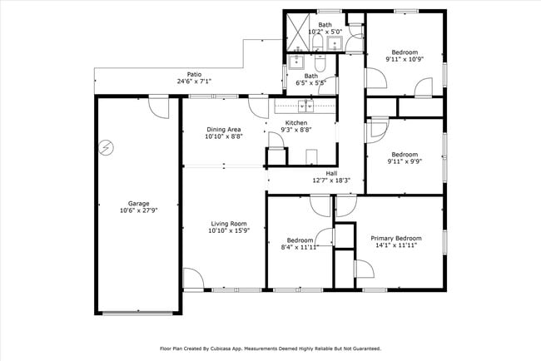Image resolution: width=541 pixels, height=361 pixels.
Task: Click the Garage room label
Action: click(138, 202)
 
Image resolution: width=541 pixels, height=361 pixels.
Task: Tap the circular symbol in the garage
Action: click(105, 149)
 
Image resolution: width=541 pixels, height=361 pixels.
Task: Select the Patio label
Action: click(194, 74)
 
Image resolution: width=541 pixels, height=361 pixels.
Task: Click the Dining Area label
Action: click(223, 129)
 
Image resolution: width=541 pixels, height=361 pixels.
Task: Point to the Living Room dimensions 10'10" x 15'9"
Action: click(229, 231)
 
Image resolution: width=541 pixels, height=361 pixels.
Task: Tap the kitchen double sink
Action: click(305, 106)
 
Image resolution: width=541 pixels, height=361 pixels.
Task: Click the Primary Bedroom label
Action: click(394, 237)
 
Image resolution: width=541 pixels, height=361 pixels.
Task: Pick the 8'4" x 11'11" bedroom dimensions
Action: click(298, 245)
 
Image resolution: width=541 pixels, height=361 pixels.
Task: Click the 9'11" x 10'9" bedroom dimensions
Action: click(405, 59)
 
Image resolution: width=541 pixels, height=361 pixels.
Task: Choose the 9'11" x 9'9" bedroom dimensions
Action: click(405, 161)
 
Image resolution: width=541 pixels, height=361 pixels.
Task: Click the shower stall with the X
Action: click(298, 32)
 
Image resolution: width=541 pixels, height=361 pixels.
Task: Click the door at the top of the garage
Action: click(156, 105)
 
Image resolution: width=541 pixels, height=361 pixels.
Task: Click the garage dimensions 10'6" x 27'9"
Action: click(138, 210)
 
